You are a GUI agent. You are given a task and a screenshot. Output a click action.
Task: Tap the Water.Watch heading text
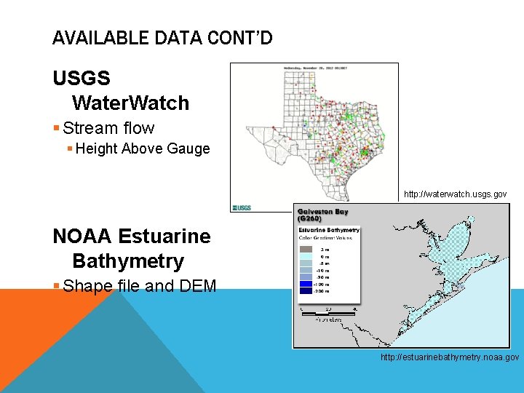coord(130,103)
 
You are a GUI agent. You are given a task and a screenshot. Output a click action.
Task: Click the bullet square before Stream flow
coord(57,129)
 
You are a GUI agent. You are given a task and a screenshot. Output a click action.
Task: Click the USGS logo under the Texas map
coord(241,207)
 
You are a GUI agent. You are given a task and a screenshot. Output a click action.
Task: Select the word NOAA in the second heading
coord(81,236)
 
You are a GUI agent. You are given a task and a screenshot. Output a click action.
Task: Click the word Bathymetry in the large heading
coord(128,261)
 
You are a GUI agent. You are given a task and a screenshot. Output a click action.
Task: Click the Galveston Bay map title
coord(323,215)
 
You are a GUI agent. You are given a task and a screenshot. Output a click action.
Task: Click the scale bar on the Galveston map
coord(327,312)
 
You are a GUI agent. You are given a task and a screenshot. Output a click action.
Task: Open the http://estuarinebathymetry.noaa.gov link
coord(450,357)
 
